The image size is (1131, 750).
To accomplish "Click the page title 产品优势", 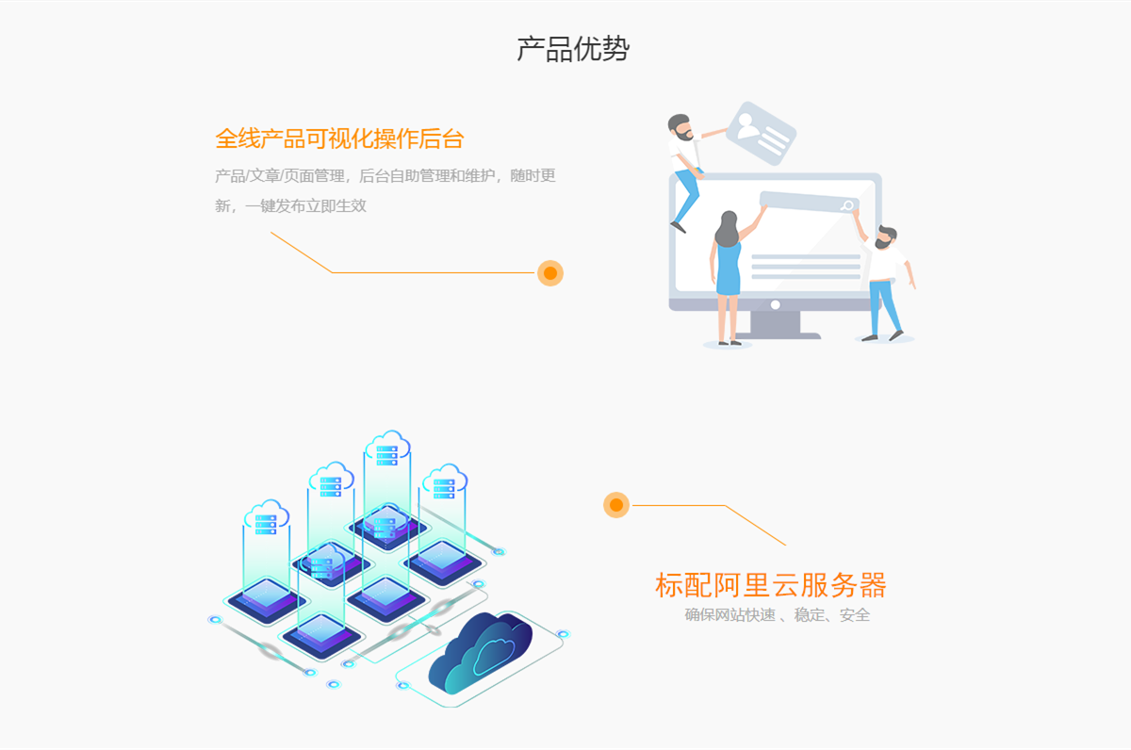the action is (x=573, y=49).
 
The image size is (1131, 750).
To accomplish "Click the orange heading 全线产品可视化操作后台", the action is (x=339, y=139).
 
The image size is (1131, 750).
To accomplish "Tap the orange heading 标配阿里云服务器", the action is (x=771, y=585).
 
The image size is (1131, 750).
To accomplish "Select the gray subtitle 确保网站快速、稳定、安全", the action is (x=777, y=614).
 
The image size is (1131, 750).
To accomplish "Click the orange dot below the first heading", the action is (x=550, y=273).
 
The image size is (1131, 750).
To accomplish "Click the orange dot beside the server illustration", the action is (x=616, y=505).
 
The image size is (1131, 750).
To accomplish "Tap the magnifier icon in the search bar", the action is (x=847, y=205).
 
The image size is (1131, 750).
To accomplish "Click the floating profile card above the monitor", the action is (x=762, y=133).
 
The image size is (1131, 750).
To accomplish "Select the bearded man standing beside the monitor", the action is (x=885, y=283).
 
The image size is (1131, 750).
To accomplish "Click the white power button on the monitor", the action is (x=776, y=305).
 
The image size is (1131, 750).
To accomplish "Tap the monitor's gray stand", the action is (x=776, y=324).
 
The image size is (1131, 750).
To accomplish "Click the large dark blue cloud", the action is (x=480, y=651).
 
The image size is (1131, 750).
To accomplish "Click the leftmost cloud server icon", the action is (x=266, y=517).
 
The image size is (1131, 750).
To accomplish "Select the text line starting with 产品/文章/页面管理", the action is (x=385, y=175).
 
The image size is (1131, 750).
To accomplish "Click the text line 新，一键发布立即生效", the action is (x=290, y=206).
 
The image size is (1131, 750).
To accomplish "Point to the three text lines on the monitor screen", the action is (x=806, y=267).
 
